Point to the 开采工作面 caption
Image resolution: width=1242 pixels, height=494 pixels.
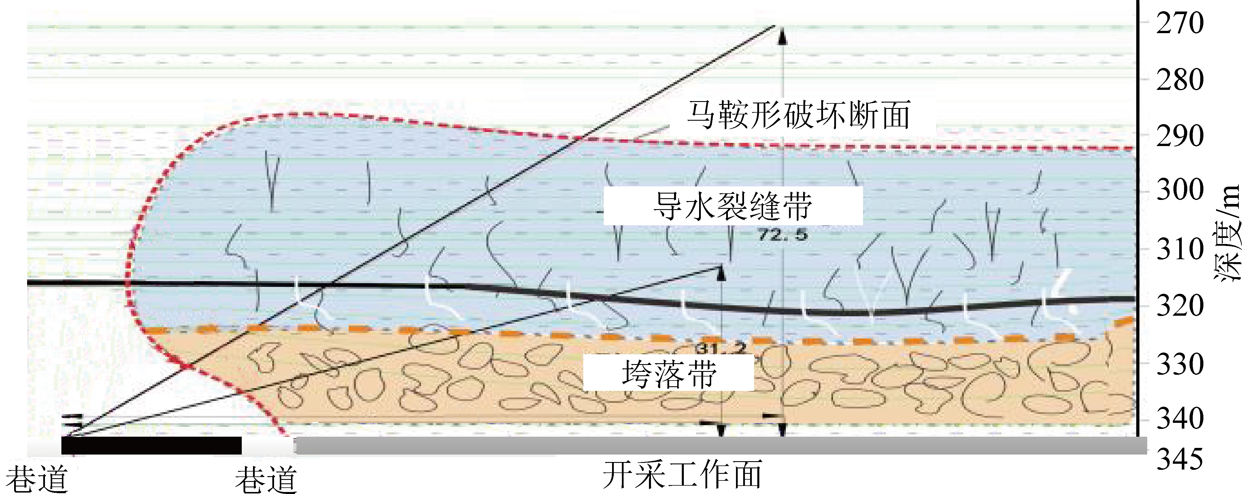(x=682, y=475)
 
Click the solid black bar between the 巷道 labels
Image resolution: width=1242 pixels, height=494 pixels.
(x=151, y=446)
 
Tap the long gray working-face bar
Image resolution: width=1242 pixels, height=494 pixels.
(x=720, y=446)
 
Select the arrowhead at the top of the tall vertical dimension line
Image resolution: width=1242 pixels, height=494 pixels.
(x=783, y=36)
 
